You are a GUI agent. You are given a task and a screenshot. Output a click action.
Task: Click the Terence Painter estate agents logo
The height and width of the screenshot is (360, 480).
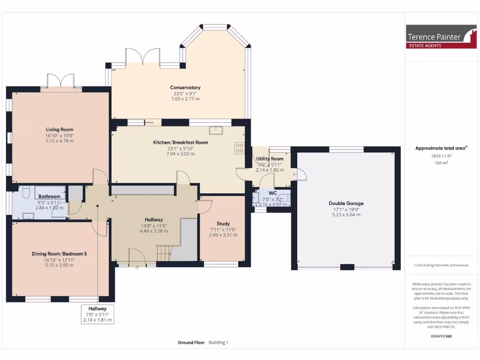tap(435, 37)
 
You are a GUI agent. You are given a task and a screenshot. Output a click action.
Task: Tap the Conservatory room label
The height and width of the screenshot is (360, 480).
tap(185, 88)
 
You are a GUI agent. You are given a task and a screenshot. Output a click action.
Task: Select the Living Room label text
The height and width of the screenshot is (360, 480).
tap(60, 129)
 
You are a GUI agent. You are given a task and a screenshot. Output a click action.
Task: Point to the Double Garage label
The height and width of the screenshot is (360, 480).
tap(346, 203)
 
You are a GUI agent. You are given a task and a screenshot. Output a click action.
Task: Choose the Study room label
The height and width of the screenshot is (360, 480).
tap(223, 224)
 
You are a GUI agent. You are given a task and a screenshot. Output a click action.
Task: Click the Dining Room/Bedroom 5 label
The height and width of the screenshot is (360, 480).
tap(60, 254)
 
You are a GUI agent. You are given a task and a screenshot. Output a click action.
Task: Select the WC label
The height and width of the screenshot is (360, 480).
tap(272, 193)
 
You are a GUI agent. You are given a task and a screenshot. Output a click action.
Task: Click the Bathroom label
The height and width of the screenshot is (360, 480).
tap(49, 196)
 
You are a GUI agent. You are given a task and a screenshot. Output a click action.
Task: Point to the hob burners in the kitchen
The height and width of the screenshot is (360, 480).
tap(240, 148)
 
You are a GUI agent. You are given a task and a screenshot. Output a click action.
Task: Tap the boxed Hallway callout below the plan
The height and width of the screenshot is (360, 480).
tap(97, 314)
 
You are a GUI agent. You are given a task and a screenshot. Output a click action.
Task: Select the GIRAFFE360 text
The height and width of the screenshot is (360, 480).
tap(441, 336)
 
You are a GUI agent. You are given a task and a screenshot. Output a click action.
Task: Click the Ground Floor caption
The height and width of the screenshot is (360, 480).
tap(191, 343)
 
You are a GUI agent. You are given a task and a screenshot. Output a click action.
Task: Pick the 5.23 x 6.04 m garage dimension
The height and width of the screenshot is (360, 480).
tap(346, 215)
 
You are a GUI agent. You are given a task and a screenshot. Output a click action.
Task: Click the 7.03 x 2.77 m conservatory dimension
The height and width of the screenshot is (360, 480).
tap(185, 99)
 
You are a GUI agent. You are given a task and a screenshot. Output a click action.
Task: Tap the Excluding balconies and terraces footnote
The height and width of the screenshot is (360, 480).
tap(441, 265)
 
